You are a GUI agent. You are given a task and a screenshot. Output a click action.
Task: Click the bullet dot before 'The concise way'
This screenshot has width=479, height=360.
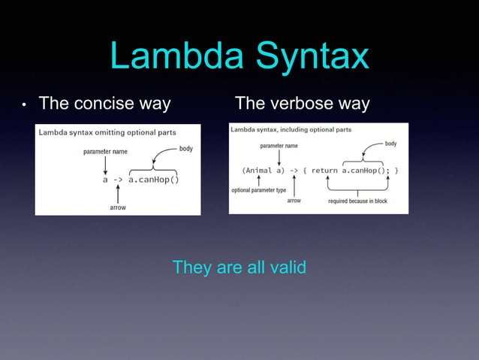click(24, 104)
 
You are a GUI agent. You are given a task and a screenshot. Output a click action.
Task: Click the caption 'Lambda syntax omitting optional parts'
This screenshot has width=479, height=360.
click(107, 133)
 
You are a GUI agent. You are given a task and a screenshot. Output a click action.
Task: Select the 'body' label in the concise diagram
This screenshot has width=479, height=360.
click(185, 149)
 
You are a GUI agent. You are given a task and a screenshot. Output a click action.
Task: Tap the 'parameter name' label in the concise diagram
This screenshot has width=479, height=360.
click(105, 152)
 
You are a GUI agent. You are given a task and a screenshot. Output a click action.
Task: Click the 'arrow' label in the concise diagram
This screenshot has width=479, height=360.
click(118, 207)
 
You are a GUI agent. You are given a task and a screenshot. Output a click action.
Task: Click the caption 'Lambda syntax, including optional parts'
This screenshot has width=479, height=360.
click(291, 129)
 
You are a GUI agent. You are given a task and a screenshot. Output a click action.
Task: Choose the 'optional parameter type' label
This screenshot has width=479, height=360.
click(259, 190)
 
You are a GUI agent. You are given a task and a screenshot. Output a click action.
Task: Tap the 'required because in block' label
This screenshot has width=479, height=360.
click(357, 201)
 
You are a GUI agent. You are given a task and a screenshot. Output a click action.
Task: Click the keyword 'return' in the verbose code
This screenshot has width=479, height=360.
click(324, 171)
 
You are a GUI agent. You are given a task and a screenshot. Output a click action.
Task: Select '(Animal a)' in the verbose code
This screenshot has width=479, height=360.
click(263, 171)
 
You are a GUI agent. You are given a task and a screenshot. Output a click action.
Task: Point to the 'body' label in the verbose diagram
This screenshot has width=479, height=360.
click(390, 143)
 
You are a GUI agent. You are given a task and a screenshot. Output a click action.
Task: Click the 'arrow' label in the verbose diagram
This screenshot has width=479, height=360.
click(294, 201)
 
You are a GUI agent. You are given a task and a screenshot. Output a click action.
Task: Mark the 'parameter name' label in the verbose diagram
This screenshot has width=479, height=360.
click(279, 145)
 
